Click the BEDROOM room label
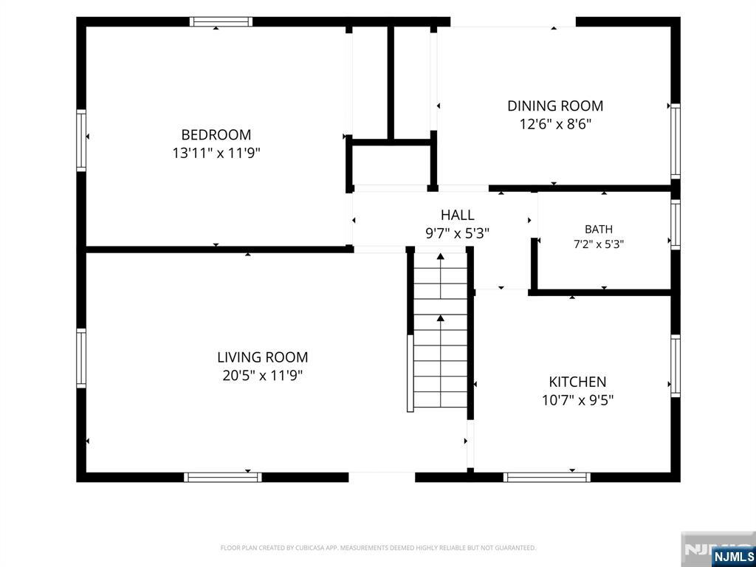point(216,134)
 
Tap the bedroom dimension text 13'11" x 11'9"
point(216,154)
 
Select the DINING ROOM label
point(555,106)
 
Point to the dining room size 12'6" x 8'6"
point(555,124)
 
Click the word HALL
point(457,215)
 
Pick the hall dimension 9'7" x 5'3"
point(457,234)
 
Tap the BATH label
point(598,230)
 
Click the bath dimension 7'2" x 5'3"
point(598,244)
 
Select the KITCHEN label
point(577,382)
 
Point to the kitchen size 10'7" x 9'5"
point(577,401)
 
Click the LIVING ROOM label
point(262,357)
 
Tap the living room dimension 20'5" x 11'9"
point(262,376)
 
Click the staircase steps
point(440,330)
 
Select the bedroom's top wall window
point(221,21)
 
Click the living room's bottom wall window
point(223,478)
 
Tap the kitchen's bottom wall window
point(547,478)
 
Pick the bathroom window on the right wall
point(676,224)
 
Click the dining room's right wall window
point(676,141)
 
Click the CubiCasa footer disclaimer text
point(378,548)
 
